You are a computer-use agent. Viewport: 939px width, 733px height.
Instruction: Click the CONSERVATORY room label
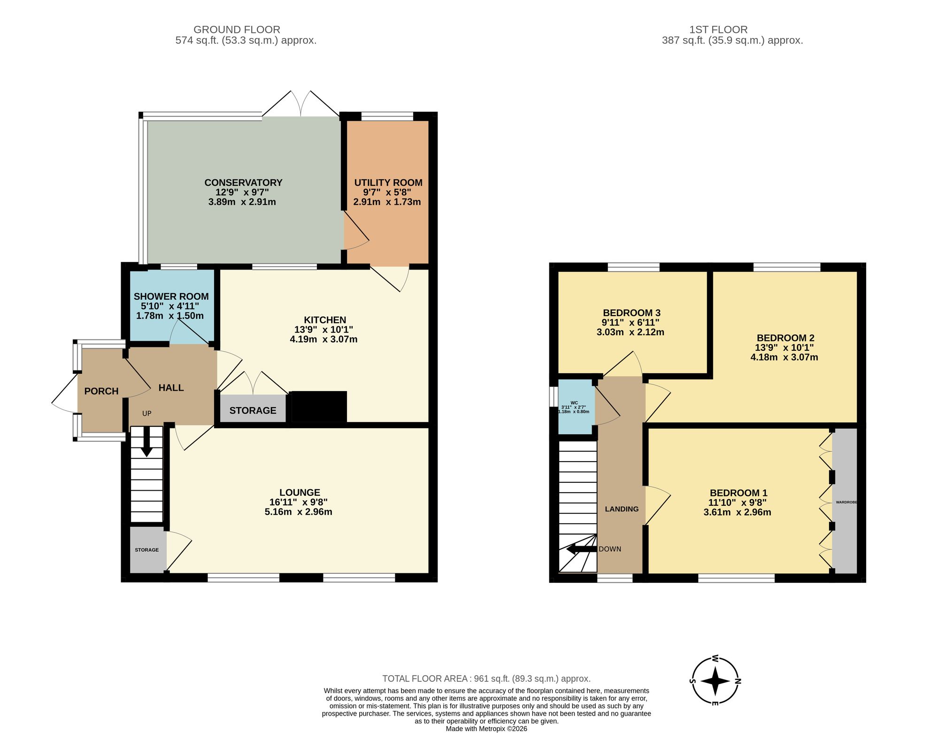(x=243, y=183)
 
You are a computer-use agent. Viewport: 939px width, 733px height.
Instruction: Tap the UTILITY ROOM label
(x=388, y=183)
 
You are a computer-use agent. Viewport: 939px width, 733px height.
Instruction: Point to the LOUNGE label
(x=300, y=493)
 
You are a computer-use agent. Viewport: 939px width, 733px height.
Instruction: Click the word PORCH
(x=101, y=391)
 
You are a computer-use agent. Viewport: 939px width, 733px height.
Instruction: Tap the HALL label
(x=171, y=388)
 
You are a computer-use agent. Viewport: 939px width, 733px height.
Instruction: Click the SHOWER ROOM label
(x=171, y=296)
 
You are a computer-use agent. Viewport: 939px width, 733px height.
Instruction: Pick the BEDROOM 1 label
(x=739, y=493)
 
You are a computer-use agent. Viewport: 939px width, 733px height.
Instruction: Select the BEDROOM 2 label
(x=785, y=338)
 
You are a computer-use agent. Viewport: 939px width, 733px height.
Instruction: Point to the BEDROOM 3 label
(x=631, y=313)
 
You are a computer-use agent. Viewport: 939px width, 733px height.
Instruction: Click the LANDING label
(x=622, y=509)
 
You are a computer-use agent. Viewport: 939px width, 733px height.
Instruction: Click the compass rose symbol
(x=715, y=680)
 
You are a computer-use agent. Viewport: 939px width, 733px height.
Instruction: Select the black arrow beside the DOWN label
(x=581, y=549)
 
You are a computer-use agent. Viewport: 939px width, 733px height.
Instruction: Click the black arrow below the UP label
(x=146, y=441)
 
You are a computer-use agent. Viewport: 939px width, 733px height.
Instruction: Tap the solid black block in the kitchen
(x=319, y=407)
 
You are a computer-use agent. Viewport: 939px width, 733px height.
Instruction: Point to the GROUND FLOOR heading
(x=237, y=30)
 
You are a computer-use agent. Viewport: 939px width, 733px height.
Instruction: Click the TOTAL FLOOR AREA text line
(x=486, y=679)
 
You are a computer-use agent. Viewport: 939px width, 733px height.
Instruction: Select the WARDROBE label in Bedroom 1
(x=847, y=502)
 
